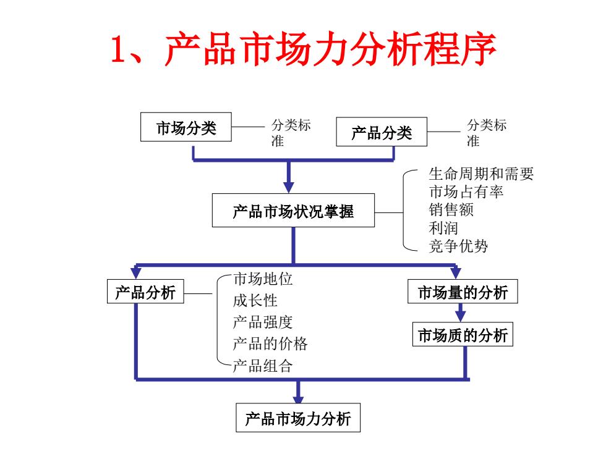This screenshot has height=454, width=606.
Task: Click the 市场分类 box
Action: pyautogui.click(x=186, y=127)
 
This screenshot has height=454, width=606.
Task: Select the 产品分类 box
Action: pyautogui.click(x=382, y=132)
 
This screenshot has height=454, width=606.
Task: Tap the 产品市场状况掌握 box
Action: pyautogui.click(x=293, y=211)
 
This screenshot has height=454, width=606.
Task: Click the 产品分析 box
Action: pyautogui.click(x=145, y=292)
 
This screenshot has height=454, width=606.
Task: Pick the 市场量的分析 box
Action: pyautogui.click(x=463, y=292)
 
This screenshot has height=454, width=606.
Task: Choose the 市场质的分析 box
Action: pyautogui.click(x=463, y=334)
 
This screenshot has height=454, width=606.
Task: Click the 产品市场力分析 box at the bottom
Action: pyautogui.click(x=298, y=418)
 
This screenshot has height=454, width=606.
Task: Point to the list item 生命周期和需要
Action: pyautogui.click(x=481, y=174)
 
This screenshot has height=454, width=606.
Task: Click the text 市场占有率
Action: pyautogui.click(x=466, y=191)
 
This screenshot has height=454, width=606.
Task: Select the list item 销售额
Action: pyautogui.click(x=451, y=209)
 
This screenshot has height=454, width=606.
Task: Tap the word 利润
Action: pyautogui.click(x=443, y=228)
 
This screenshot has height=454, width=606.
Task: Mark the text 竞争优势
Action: pyautogui.click(x=458, y=246)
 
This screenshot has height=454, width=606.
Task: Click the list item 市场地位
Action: pyautogui.click(x=263, y=279)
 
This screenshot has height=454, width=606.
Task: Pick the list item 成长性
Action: pyautogui.click(x=255, y=300)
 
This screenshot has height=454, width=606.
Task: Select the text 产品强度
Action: pyautogui.click(x=263, y=322)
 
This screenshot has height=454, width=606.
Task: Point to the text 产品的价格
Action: pyautogui.click(x=270, y=343)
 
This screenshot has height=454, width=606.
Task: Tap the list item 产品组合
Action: pyautogui.click(x=263, y=366)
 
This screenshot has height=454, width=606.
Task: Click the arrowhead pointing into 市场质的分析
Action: pyautogui.click(x=460, y=316)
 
